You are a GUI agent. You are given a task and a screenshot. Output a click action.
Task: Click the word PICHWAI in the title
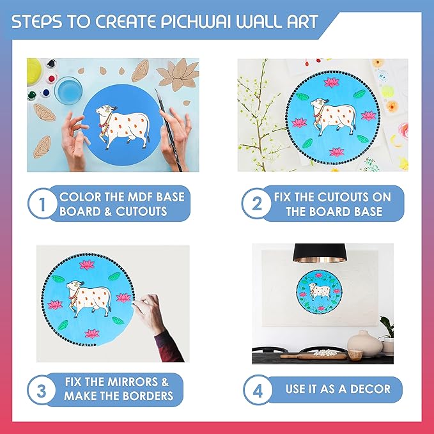point(196,22)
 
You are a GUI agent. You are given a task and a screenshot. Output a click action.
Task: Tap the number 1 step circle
point(42,204)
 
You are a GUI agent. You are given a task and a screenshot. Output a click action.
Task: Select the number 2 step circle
point(256,204)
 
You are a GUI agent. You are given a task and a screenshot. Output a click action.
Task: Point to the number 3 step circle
point(42,391)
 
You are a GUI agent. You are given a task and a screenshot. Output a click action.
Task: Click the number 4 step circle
point(258,390)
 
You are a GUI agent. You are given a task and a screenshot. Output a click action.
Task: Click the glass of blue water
point(68,90)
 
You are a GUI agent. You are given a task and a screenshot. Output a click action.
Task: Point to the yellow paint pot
point(34,72)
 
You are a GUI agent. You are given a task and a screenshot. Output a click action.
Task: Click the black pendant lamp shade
point(320,253)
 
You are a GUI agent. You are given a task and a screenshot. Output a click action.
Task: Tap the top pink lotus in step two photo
point(332,82)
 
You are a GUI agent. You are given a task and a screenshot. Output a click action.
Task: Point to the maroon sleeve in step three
point(168,346)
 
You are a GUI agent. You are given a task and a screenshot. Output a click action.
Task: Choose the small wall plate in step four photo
point(320,292)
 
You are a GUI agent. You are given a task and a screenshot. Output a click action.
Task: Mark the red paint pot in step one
point(51,79)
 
